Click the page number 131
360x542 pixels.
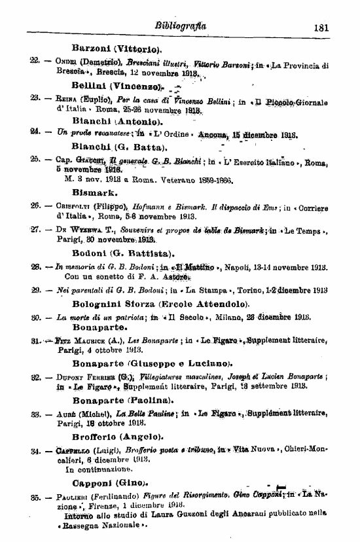(320, 27)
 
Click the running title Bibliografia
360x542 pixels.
(181, 26)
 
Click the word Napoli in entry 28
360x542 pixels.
(246, 267)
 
